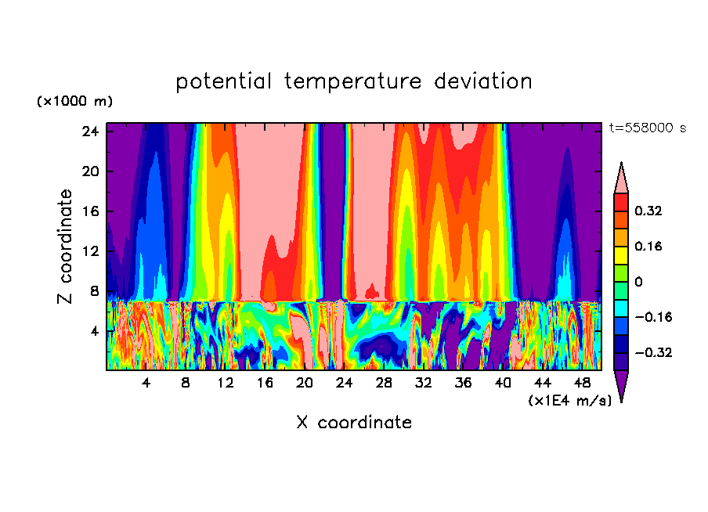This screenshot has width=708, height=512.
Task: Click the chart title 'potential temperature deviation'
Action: [354, 81]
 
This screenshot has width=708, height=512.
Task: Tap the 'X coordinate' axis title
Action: [354, 423]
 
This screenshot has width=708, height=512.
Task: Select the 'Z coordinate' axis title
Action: [66, 246]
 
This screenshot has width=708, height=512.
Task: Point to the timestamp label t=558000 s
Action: [647, 128]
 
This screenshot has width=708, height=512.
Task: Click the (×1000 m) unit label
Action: [74, 102]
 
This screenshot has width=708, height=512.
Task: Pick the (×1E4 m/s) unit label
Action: [569, 400]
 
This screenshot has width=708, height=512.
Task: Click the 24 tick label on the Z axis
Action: [91, 132]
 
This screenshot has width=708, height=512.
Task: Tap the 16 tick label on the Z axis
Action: [91, 211]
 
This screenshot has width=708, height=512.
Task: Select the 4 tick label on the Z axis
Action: [95, 331]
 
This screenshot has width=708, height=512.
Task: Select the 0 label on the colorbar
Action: [638, 282]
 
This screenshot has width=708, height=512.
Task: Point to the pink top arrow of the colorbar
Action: [621, 179]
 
